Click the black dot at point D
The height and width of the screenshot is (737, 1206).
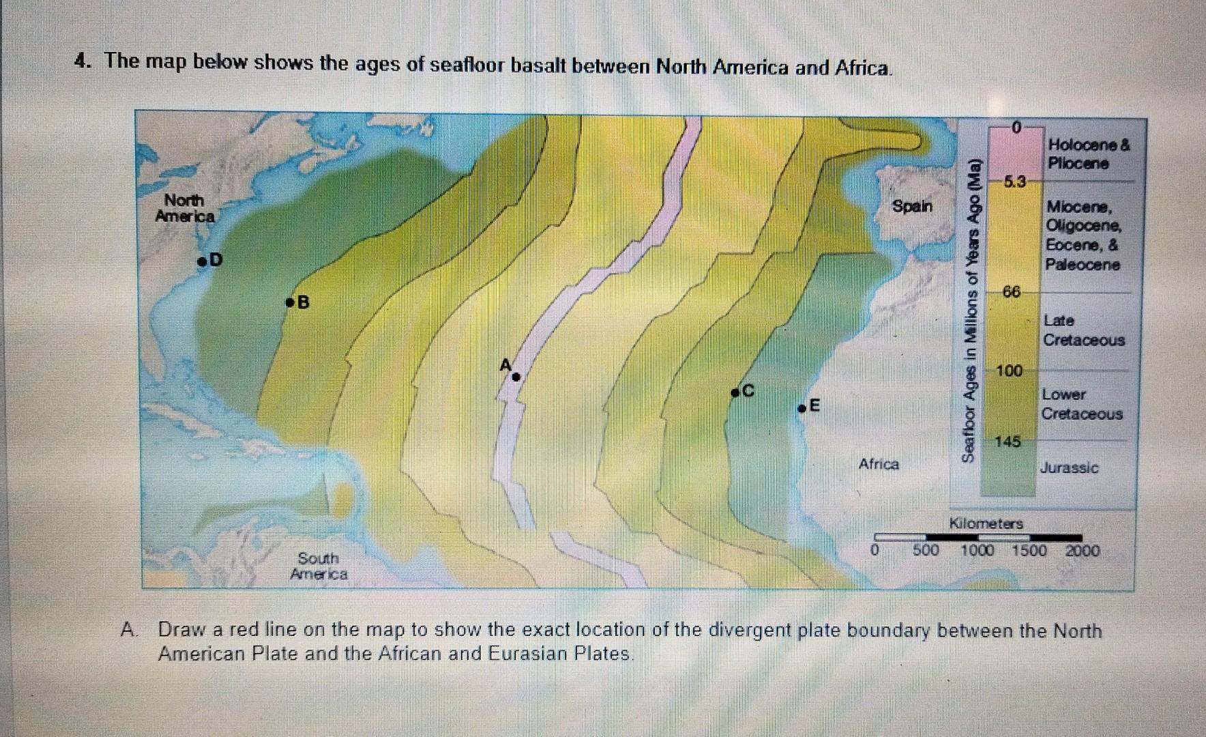(x=202, y=261)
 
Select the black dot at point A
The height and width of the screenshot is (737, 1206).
(x=516, y=376)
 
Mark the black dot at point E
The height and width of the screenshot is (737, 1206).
(x=803, y=409)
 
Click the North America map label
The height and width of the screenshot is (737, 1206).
(x=184, y=208)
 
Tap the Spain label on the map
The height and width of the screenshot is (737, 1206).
(x=912, y=205)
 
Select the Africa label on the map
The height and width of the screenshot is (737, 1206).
(x=879, y=464)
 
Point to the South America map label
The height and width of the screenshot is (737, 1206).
(x=319, y=566)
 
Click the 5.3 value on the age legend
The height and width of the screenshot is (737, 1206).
(x=1014, y=182)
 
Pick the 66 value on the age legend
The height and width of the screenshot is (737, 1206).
(x=1012, y=292)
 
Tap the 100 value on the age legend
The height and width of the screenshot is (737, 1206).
(x=1010, y=371)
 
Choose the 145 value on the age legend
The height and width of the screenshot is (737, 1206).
(x=1008, y=442)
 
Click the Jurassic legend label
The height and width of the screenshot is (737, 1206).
(x=1069, y=468)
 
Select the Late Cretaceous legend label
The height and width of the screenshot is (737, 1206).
(x=1083, y=330)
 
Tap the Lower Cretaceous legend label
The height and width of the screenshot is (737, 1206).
(x=1081, y=404)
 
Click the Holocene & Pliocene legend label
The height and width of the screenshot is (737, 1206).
(x=1089, y=154)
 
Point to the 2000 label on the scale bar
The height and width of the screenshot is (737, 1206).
(x=1083, y=551)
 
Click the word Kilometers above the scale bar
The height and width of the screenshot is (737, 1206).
(x=986, y=523)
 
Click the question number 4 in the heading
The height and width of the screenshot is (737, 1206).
(x=83, y=61)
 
